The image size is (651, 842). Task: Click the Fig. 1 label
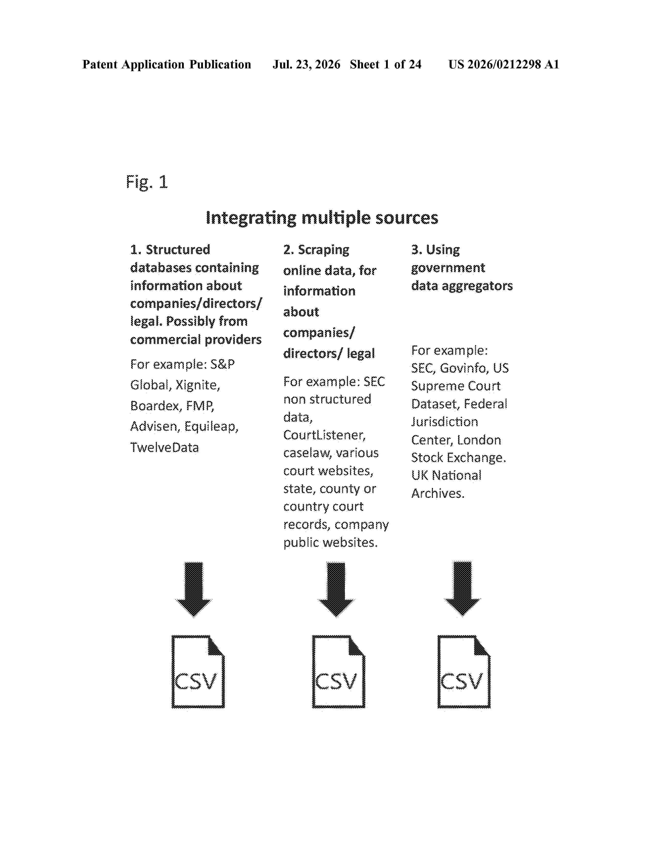(x=147, y=182)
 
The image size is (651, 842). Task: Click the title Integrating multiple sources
(x=322, y=218)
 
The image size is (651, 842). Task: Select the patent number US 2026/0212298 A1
(x=504, y=64)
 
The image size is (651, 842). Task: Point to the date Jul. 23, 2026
(x=307, y=64)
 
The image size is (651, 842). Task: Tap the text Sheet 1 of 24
(x=386, y=64)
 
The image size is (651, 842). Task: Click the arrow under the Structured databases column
(x=194, y=589)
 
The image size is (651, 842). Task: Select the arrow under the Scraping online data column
(x=336, y=589)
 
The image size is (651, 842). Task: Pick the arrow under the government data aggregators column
(x=462, y=589)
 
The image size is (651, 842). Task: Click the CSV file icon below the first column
(x=198, y=672)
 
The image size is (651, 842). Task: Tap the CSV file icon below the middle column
(x=338, y=672)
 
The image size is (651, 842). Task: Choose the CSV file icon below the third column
(x=464, y=672)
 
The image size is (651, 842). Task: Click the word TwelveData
(x=165, y=448)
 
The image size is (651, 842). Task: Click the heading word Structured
(x=178, y=250)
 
